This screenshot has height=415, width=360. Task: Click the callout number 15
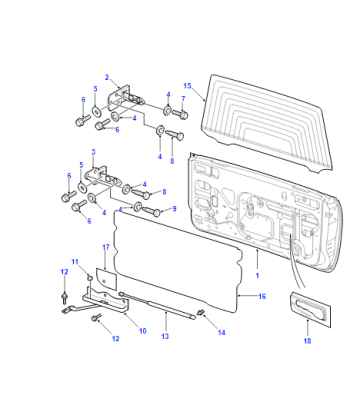click(x=187, y=86)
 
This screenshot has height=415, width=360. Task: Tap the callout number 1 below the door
click(x=257, y=276)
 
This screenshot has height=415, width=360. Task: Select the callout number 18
click(x=307, y=341)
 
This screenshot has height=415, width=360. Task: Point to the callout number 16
click(x=262, y=296)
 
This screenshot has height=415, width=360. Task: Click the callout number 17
click(x=106, y=247)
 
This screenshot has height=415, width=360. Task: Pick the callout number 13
click(x=165, y=336)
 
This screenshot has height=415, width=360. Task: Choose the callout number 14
click(x=221, y=332)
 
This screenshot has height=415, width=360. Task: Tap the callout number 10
click(x=142, y=331)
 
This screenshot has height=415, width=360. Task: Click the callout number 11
click(x=75, y=262)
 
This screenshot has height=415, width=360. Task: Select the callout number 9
click(x=174, y=209)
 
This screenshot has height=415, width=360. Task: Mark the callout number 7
click(x=183, y=99)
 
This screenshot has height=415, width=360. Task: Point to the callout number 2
click(x=107, y=77)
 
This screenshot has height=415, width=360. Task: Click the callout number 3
click(x=93, y=152)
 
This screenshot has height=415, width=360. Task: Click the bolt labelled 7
click(x=180, y=114)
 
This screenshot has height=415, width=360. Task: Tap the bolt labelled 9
click(x=152, y=211)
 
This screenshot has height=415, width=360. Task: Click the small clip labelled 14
click(x=201, y=312)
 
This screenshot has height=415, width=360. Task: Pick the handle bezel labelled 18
click(x=310, y=309)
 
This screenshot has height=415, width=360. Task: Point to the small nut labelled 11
click(x=89, y=277)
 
